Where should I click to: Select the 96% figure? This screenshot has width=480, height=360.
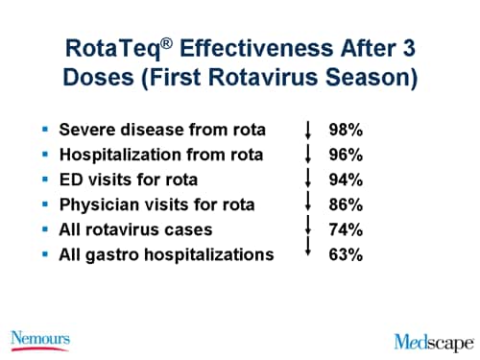pos(347,154)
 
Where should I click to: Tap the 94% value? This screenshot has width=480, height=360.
pos(347,179)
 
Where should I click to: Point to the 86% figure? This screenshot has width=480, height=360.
pos(347,204)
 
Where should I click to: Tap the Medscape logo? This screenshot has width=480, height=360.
pos(433,340)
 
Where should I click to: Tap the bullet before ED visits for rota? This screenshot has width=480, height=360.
pos(46,179)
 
